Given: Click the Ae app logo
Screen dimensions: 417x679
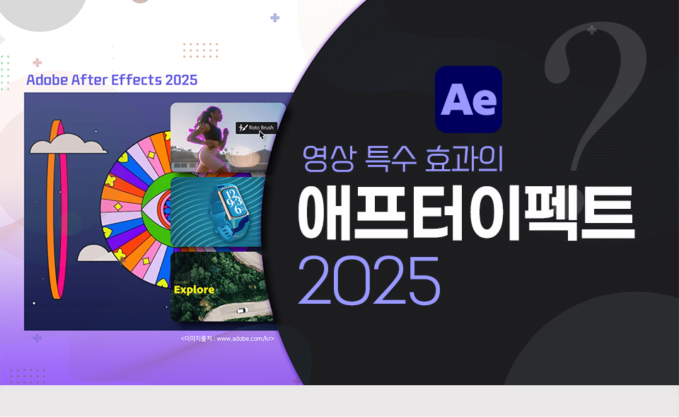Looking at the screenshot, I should (x=468, y=100).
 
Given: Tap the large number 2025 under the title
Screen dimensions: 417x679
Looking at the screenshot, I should (x=368, y=280).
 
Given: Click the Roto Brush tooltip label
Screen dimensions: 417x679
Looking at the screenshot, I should (x=256, y=128).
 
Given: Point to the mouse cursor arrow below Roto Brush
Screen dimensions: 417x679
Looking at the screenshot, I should (x=262, y=136).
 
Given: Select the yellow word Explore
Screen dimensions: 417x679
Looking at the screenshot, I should (x=194, y=290).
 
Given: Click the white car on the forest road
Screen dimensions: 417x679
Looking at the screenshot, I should (x=240, y=309).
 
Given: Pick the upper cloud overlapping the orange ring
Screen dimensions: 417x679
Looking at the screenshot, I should (x=69, y=144).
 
